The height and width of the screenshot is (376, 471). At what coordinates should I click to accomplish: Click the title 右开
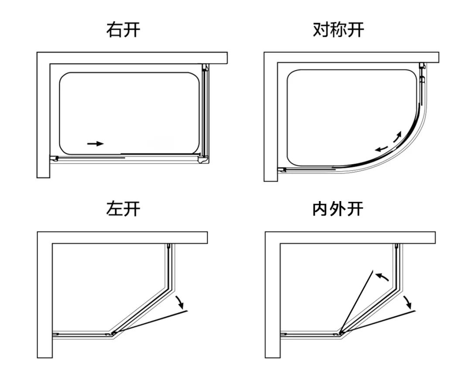point(123,30)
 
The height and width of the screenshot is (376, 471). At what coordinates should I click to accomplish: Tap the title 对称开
point(338,30)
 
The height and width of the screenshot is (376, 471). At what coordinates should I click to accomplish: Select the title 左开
point(123,209)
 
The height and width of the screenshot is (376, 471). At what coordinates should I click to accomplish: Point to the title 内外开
point(338,209)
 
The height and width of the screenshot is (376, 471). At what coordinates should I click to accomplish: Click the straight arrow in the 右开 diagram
point(96,144)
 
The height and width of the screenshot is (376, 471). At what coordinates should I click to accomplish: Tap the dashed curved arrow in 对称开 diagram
point(398,137)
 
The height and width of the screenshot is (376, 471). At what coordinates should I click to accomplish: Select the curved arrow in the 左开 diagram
point(179,301)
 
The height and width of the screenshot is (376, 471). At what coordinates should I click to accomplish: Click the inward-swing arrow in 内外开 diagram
point(382,277)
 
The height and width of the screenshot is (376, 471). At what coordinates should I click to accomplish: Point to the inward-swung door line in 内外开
point(357,301)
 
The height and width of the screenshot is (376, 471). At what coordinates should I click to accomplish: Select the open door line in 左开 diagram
point(150,322)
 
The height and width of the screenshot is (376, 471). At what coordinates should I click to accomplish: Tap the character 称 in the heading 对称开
point(338,30)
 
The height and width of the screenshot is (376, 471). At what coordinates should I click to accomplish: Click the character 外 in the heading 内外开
point(338,209)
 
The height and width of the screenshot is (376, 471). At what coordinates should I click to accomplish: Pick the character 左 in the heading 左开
point(115,209)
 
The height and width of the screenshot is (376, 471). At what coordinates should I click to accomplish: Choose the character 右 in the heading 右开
point(115,30)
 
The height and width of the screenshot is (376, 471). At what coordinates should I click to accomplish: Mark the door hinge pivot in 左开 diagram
point(114,333)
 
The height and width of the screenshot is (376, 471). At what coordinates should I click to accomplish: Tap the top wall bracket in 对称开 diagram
point(422,66)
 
